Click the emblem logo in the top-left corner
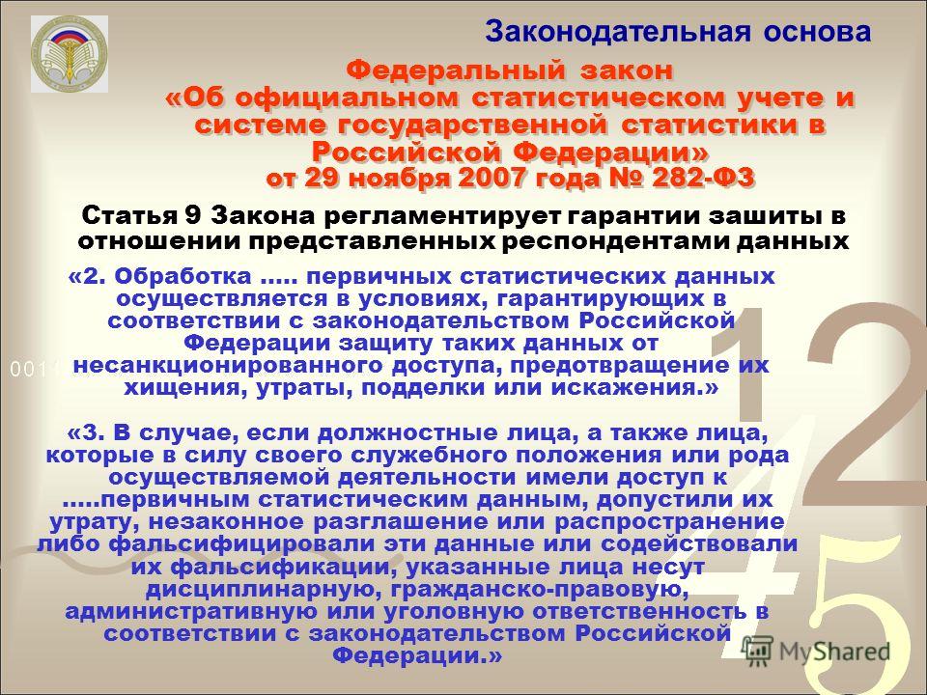(70, 54)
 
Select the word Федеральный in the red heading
(456, 70)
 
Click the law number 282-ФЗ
(703, 178)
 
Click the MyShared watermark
(816, 651)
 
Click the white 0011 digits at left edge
(33, 370)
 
